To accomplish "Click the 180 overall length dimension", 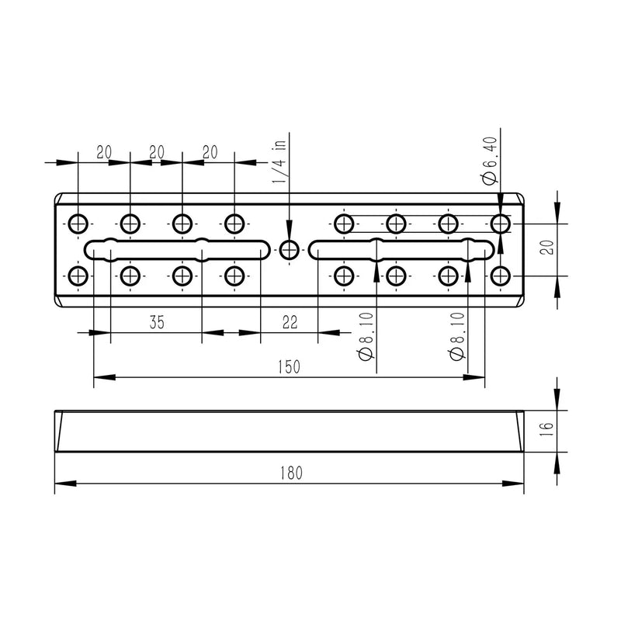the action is click(x=291, y=473).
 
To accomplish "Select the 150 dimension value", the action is click(x=289, y=367).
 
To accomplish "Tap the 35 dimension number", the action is click(x=157, y=322).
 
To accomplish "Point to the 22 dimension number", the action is click(x=290, y=322).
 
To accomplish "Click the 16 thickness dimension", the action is click(x=546, y=429).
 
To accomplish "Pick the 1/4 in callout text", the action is click(x=279, y=161).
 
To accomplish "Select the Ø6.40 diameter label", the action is click(x=490, y=161).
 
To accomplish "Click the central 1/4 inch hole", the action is click(x=289, y=250).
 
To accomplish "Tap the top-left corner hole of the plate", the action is click(x=78, y=224).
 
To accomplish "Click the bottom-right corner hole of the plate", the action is click(x=500, y=276).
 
